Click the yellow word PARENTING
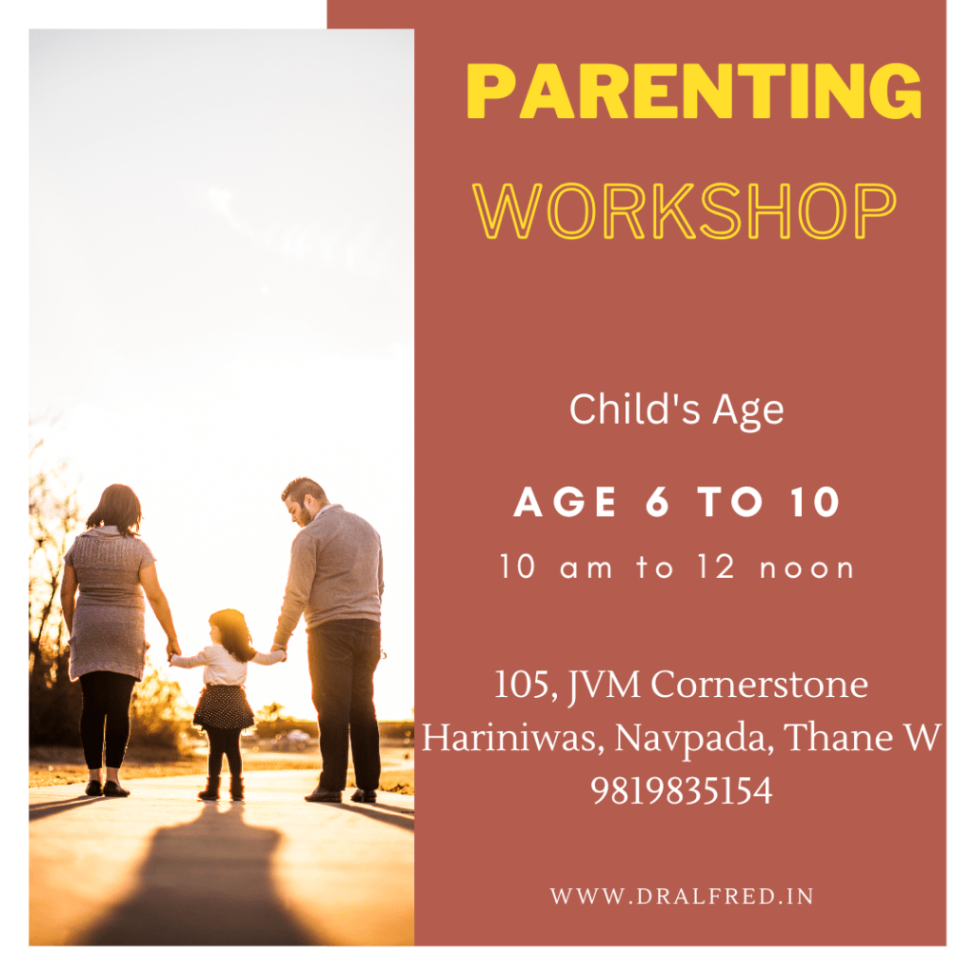click(693, 90)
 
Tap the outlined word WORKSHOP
click(684, 211)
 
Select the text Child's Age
click(677, 410)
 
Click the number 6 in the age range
click(657, 502)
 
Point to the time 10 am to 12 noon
click(677, 567)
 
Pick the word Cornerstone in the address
click(759, 686)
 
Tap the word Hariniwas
click(512, 738)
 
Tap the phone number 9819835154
click(682, 791)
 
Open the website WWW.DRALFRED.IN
click(682, 896)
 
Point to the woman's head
click(116, 508)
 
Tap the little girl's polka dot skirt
click(223, 707)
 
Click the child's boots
click(221, 787)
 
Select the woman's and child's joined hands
click(173, 651)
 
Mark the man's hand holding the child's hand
click(279, 652)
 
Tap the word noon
click(807, 568)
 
